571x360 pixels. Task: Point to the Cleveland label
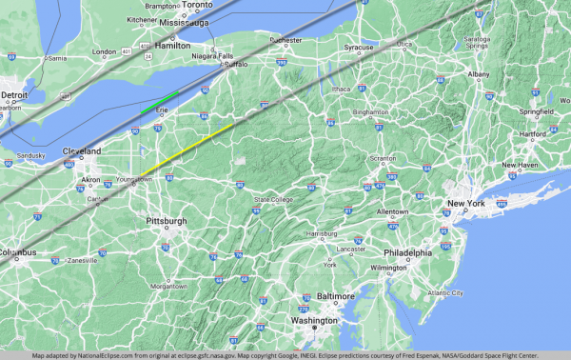[x=82, y=151]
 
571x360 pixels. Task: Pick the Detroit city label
[x=13, y=95]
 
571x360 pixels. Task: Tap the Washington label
[x=314, y=320]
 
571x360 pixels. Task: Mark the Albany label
[x=478, y=74]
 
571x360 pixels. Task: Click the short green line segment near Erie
[x=159, y=102]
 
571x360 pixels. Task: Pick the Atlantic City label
[x=443, y=292]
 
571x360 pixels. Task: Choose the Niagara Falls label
[x=212, y=56]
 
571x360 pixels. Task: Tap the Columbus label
[x=17, y=252]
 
